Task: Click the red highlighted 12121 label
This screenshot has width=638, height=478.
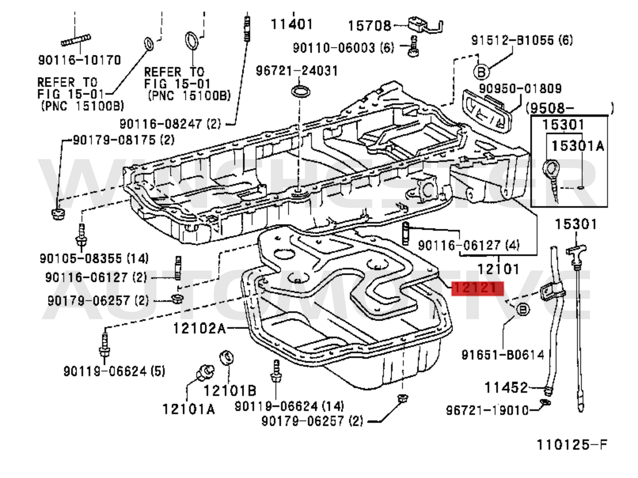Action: (x=477, y=288)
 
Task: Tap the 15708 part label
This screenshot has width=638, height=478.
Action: (x=370, y=26)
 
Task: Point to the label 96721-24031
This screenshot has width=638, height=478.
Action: (x=296, y=71)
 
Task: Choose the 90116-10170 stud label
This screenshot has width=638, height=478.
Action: (x=79, y=60)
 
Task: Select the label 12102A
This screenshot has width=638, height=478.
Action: (x=199, y=328)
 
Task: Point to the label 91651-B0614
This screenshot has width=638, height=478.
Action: (x=503, y=354)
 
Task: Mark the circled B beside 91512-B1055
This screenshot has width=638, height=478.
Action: (x=481, y=71)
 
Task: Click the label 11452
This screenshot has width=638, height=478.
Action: (x=506, y=388)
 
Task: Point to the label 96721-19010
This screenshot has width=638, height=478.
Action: (x=487, y=410)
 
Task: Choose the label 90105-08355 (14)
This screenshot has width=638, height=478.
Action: (x=94, y=258)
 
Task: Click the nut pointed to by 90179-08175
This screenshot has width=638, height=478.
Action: (x=57, y=215)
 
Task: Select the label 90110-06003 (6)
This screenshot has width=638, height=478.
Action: (x=343, y=47)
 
